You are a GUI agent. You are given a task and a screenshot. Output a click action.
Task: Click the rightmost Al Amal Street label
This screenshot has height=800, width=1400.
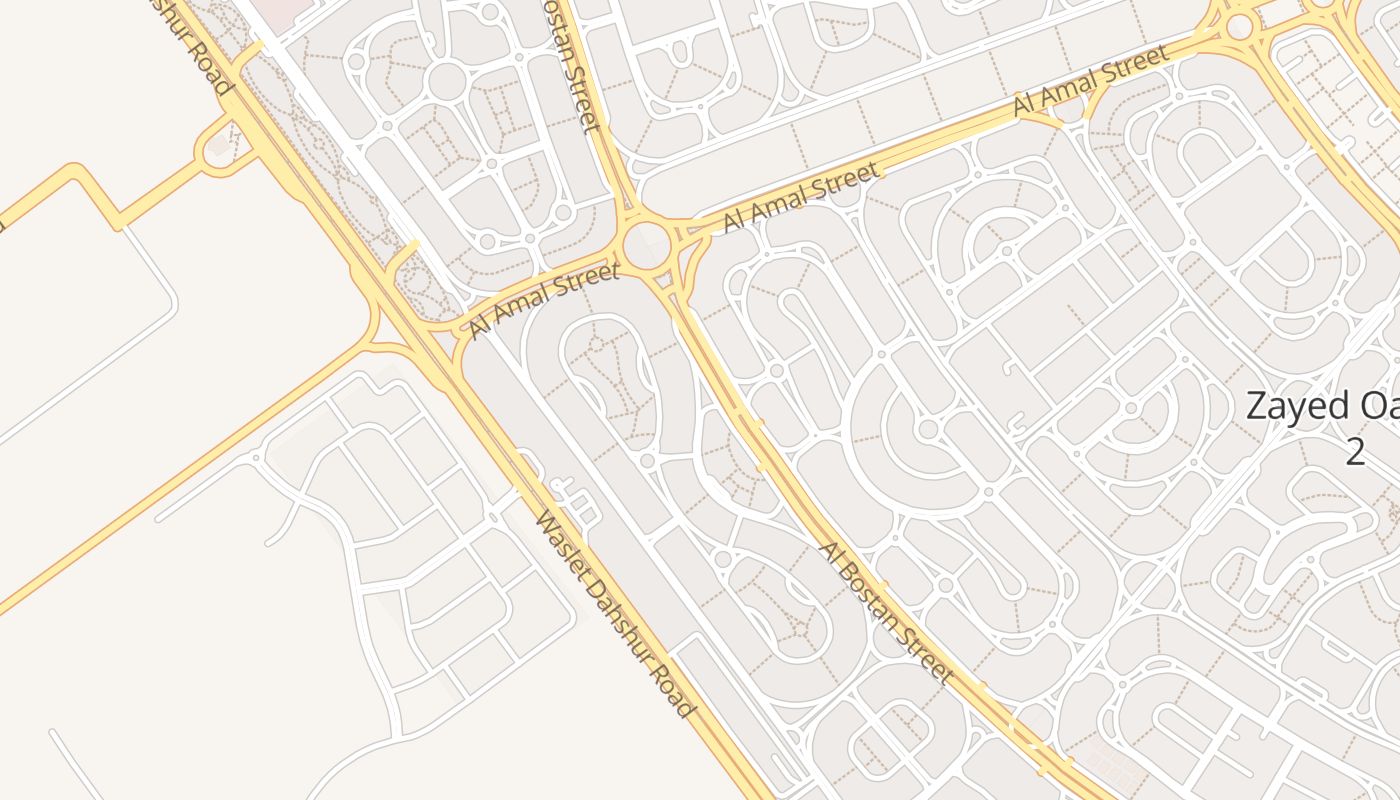[1090, 80]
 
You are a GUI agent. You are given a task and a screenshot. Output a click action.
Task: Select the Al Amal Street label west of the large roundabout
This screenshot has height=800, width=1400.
[546, 299]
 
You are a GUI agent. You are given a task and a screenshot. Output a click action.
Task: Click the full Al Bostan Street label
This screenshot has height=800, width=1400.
[885, 613]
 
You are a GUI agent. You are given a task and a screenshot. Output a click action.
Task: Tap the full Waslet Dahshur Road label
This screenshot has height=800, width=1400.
[614, 614]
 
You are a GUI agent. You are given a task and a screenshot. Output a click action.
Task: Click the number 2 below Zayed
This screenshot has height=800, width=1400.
[1354, 451]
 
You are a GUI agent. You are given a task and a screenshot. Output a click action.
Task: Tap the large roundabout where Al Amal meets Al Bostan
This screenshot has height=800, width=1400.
[647, 243]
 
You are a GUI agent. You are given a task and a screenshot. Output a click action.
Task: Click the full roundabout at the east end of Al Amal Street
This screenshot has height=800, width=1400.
[1240, 27]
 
